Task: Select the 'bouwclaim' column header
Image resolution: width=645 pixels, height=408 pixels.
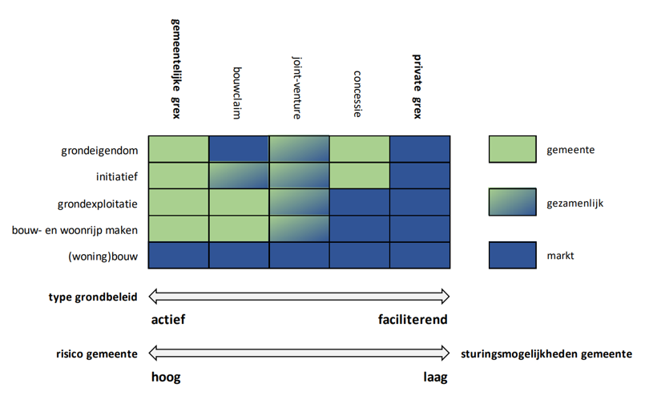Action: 237,91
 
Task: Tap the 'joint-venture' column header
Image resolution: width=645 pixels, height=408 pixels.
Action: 296,87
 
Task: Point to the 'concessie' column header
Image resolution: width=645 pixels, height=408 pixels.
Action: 357,93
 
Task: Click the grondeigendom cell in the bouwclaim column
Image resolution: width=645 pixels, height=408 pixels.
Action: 238,150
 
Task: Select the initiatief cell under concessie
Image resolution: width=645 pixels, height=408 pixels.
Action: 359,176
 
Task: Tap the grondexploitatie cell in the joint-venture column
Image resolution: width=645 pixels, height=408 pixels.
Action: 299,203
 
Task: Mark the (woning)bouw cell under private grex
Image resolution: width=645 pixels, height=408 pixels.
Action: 420,256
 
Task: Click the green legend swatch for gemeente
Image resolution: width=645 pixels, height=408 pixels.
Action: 512,150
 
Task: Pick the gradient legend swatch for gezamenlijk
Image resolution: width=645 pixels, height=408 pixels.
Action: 512,203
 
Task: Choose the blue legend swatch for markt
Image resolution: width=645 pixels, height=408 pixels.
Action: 512,256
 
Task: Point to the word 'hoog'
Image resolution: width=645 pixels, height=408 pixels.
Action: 166,378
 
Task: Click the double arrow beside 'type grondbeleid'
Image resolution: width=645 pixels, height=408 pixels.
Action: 300,297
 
